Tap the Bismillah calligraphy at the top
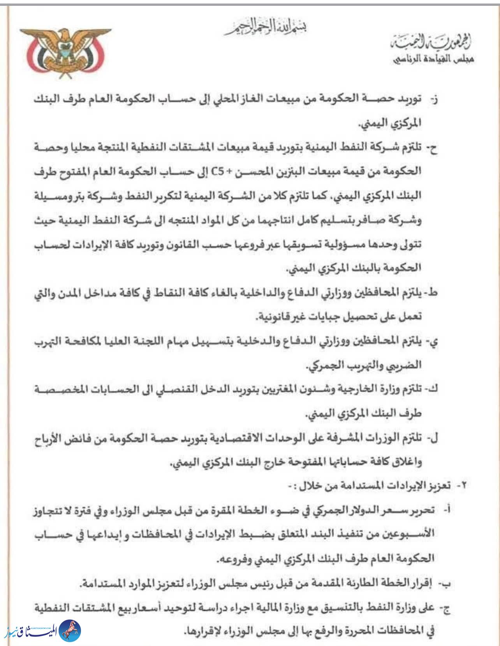coord(265,28)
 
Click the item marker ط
coord(433,293)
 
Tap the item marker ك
coord(433,389)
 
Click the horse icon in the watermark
coord(70,631)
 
